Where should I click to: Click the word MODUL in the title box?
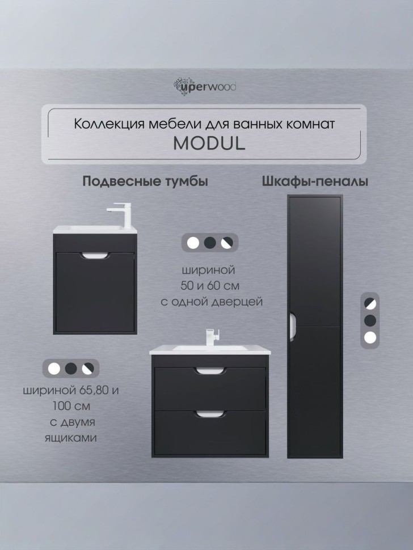[209, 143]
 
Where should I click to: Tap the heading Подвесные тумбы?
[145, 181]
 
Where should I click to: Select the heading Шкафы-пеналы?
[315, 181]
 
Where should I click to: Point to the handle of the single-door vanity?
[94, 256]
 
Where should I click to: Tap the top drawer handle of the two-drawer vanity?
[209, 372]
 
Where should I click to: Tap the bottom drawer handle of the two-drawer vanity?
[209, 414]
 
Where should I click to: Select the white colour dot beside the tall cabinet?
[371, 339]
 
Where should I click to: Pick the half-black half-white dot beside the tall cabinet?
[371, 302]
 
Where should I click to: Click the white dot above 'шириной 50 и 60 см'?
[193, 243]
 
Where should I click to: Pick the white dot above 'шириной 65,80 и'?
[54, 369]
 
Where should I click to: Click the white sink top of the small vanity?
[91, 229]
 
